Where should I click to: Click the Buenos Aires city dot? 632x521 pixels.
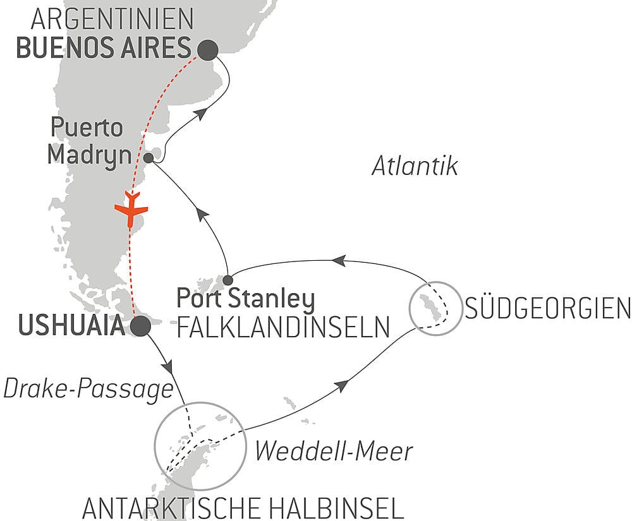pos(208,49)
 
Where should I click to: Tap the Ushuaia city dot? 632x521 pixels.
pos(140,326)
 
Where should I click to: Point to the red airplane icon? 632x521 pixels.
pos(131,209)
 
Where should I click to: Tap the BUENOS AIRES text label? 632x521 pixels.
pos(104,49)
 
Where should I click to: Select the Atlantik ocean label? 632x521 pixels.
pos(414,167)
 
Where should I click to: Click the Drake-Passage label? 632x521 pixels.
pos(88,390)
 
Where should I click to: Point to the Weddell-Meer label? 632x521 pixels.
pos(333,451)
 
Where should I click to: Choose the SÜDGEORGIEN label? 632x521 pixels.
pos(547,309)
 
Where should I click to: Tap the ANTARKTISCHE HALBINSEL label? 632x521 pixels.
pos(243,507)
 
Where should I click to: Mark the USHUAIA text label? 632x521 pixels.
pos(70,326)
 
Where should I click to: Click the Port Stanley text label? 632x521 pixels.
pos(246,299)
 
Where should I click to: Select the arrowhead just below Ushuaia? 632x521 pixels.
pos(167,366)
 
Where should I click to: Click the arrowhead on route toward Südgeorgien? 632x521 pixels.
pos(343,385)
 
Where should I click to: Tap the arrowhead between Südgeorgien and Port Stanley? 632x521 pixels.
pos(339,259)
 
